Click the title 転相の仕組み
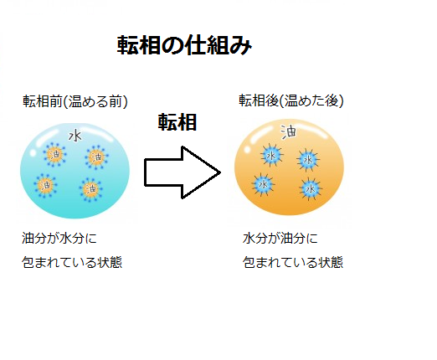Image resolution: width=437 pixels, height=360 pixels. pos(184,45)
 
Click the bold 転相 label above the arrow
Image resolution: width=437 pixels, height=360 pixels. pos(177,122)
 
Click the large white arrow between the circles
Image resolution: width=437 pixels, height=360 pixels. pos(183,172)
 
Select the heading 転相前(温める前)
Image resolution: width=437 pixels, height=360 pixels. pos(75,101)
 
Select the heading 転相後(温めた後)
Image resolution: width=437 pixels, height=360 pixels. pos(291,100)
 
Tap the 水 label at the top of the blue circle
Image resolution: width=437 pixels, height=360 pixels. pos(75,136)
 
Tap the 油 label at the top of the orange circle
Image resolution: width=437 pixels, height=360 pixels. pos(289,131)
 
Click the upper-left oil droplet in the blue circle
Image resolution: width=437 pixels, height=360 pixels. pos(54,154)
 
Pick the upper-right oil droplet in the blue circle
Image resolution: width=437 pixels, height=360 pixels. pos(96,157)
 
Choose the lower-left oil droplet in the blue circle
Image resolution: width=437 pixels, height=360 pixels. pos(45,185)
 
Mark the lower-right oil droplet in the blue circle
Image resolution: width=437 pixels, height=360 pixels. pos(91,189)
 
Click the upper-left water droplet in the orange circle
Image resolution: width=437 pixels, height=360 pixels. pos(271,155)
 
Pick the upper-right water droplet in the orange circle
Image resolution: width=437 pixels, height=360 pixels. pos(308,160)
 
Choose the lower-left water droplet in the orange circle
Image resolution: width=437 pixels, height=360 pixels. pos(263,184)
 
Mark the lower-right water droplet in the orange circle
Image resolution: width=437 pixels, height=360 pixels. pos(311,189)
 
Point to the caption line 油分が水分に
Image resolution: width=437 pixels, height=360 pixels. pos(59,239)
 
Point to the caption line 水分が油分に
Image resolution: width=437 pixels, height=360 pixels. pos(280,239)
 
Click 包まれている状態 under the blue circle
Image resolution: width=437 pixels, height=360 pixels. pos(72,262)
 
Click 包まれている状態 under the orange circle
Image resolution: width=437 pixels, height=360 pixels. pos(293,262)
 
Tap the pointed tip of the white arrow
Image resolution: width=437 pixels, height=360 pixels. pos(220,172)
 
